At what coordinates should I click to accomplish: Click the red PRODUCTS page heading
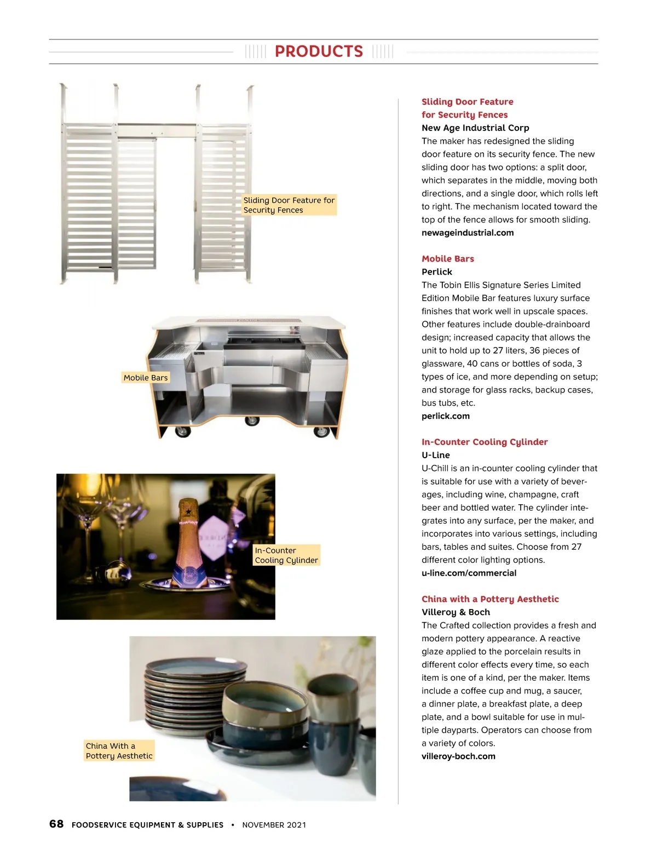[319, 52]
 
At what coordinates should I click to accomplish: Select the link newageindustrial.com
[468, 233]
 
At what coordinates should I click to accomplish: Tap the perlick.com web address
[445, 416]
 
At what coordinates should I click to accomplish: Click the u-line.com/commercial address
[469, 573]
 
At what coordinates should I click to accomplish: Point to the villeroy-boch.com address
[458, 756]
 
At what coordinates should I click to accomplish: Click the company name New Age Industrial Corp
[475, 128]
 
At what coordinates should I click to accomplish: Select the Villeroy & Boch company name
[456, 612]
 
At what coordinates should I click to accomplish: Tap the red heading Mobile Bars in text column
[447, 259]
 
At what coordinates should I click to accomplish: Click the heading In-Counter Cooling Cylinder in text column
[484, 442]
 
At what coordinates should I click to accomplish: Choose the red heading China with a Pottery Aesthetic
[490, 599]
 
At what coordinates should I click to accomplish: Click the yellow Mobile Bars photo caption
[146, 378]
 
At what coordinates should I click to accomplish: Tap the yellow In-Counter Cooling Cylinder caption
[286, 555]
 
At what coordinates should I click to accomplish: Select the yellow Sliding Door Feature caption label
[289, 205]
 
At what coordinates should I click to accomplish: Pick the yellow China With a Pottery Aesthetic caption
[119, 751]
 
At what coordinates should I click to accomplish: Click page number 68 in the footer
[56, 824]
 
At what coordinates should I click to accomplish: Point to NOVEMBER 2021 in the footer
[274, 825]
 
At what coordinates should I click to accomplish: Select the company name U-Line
[435, 455]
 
